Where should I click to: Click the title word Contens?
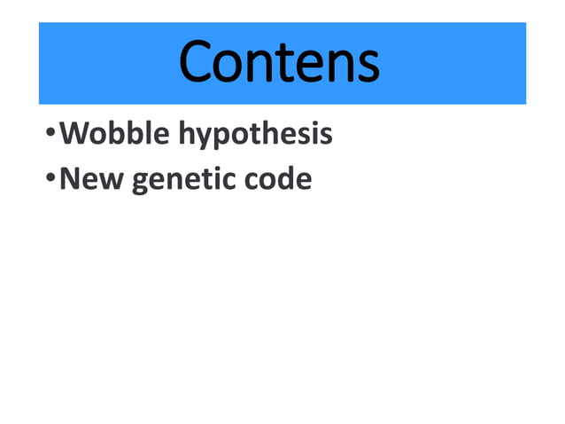(x=280, y=63)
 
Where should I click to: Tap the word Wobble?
(x=116, y=134)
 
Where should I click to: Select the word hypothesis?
(x=255, y=136)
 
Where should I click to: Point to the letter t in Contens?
(x=282, y=64)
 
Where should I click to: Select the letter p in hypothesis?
(x=226, y=138)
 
